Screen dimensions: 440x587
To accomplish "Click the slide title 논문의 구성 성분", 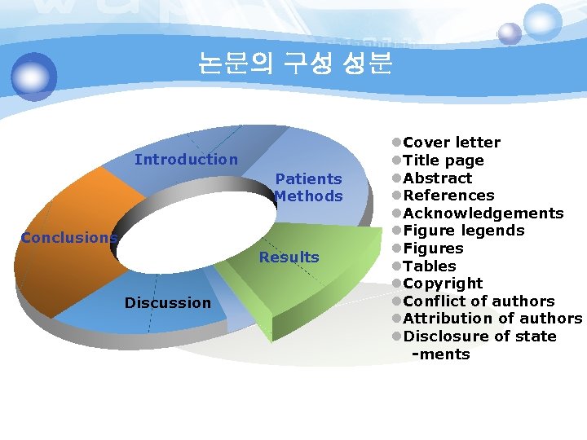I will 295,64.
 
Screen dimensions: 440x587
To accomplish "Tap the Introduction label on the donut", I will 186,160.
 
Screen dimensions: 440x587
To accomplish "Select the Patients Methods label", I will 308,187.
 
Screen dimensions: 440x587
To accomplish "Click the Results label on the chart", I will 289,257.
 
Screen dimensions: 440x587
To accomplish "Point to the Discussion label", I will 167,303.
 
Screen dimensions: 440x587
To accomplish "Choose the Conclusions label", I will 69,238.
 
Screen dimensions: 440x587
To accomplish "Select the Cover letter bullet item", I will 452,143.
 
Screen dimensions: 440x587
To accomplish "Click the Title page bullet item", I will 444,161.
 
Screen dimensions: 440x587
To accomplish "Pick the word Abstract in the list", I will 438,178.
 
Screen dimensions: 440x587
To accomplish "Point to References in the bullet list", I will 448,196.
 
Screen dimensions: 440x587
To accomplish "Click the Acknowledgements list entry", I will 483,213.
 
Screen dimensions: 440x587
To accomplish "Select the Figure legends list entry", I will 464,231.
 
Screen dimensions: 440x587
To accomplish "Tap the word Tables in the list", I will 430,266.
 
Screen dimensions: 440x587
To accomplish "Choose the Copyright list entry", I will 444,284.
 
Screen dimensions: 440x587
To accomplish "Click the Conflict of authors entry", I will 479,301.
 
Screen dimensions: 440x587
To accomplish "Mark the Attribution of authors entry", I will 492,319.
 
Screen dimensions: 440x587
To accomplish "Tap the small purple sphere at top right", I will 510,33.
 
